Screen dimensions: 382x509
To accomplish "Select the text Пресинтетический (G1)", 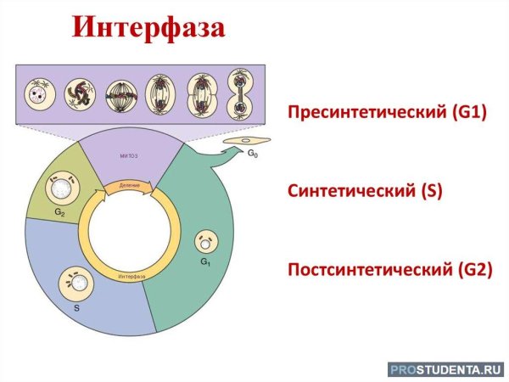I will (387, 112).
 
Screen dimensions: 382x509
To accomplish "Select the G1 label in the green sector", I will (205, 262).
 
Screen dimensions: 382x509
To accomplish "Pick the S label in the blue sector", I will (76, 310).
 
